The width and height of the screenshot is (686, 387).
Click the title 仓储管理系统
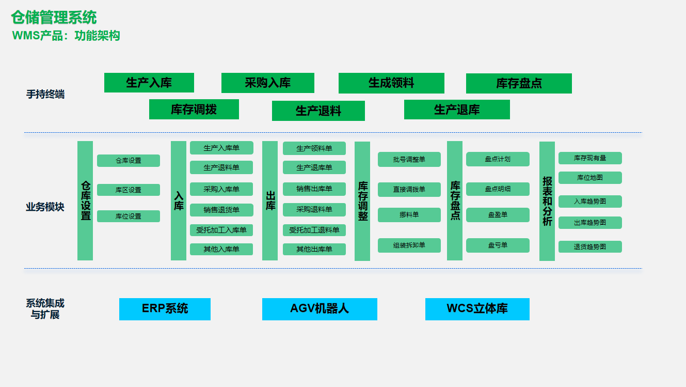point(54,18)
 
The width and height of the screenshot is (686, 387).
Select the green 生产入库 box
point(149,83)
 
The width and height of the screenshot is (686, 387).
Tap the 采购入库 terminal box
point(268,83)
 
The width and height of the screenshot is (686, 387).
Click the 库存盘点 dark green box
point(519,83)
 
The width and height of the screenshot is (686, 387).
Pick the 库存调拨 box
point(194,109)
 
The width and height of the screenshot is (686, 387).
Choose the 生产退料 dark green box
point(318,111)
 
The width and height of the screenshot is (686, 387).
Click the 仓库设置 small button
point(129,161)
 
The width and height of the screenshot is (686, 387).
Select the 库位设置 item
point(129,216)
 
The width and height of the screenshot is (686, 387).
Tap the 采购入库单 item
point(221,189)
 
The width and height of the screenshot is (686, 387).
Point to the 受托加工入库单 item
point(221,229)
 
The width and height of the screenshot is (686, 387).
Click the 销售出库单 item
point(314,189)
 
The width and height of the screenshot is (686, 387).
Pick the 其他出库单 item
point(314,249)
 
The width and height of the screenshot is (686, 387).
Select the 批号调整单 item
point(409,159)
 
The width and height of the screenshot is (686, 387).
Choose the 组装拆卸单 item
point(409,245)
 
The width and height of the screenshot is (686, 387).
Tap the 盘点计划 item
point(498,159)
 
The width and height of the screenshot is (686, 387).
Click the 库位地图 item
point(590,178)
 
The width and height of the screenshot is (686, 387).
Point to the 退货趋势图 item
point(590,246)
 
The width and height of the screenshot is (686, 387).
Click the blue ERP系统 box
point(165,309)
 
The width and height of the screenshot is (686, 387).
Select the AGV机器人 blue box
point(320,309)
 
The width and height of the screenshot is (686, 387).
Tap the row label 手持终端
point(45,95)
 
